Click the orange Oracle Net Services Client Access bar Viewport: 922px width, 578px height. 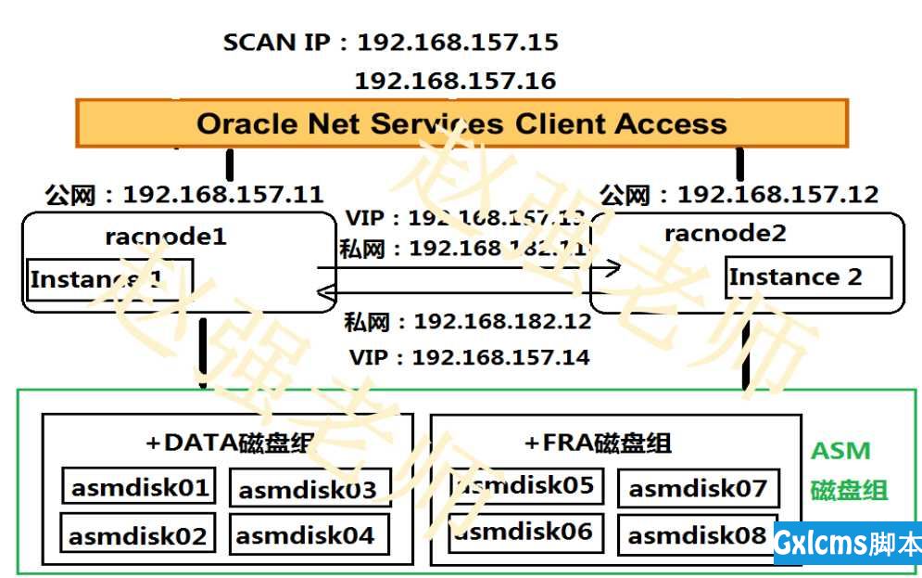pyautogui.click(x=461, y=123)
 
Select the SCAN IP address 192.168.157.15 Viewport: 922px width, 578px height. pyautogui.click(x=458, y=43)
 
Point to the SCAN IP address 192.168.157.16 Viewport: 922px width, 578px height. pyautogui.click(x=455, y=81)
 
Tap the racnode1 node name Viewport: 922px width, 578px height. pyautogui.click(x=165, y=237)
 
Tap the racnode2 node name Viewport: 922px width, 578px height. pyautogui.click(x=725, y=233)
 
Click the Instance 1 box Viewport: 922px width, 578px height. pyautogui.click(x=109, y=279)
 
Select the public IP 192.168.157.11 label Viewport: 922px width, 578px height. pyautogui.click(x=222, y=195)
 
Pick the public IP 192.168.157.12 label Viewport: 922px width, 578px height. pyautogui.click(x=777, y=195)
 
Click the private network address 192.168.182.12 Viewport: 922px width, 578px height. pyautogui.click(x=501, y=322)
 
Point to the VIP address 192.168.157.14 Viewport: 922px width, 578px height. pyautogui.click(x=500, y=357)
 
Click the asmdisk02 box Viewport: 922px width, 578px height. pyautogui.click(x=137, y=534)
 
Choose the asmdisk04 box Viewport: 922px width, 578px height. pyautogui.click(x=306, y=534)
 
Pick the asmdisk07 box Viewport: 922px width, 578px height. pyautogui.click(x=698, y=488)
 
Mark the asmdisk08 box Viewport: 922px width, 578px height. pyautogui.click(x=698, y=534)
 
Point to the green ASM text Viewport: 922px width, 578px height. pyautogui.click(x=840, y=452)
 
